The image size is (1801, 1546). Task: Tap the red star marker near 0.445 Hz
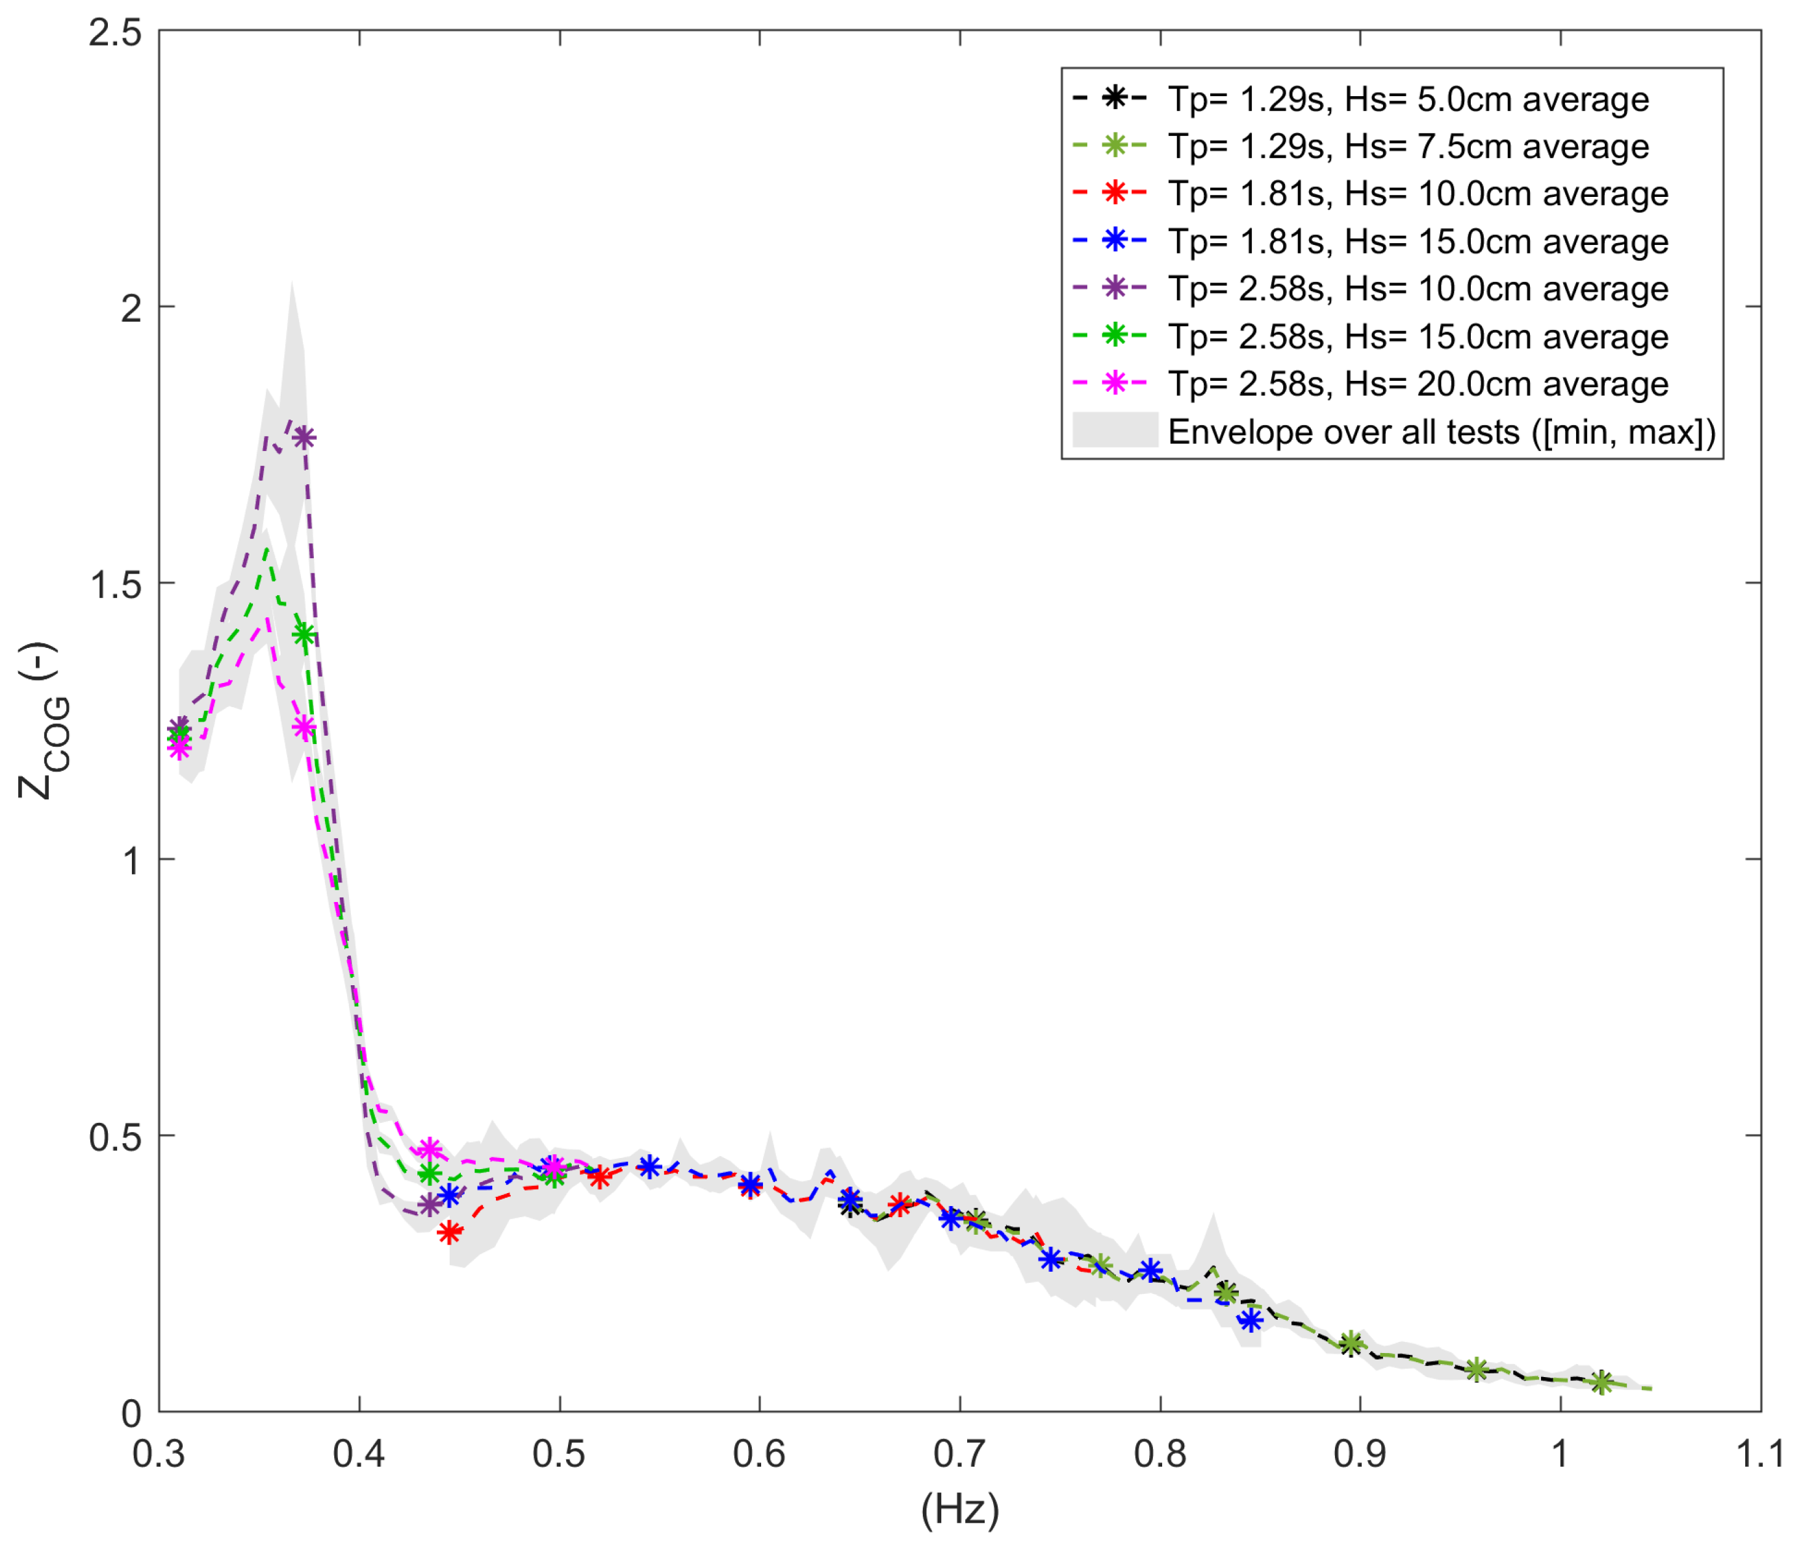tap(449, 1231)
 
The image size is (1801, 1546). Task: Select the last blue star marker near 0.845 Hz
tap(1250, 1320)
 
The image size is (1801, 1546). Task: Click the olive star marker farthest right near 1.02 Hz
tap(1601, 1382)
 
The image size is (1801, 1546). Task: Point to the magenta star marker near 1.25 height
tap(302, 727)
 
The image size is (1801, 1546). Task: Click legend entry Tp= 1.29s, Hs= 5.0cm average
tap(1407, 99)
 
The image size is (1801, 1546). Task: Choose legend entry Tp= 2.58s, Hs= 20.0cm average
tap(1417, 383)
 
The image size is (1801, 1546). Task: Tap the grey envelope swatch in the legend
tap(1114, 430)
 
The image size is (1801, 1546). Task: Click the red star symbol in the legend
tap(1114, 193)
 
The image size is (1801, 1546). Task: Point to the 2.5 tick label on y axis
tap(116, 34)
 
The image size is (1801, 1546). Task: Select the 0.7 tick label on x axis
tap(959, 1453)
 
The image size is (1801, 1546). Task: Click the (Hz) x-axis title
tap(959, 1510)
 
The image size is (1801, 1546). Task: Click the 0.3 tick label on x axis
tap(160, 1453)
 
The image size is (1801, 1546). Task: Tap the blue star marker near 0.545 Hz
tap(649, 1167)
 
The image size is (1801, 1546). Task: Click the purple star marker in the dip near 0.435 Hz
tap(428, 1204)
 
